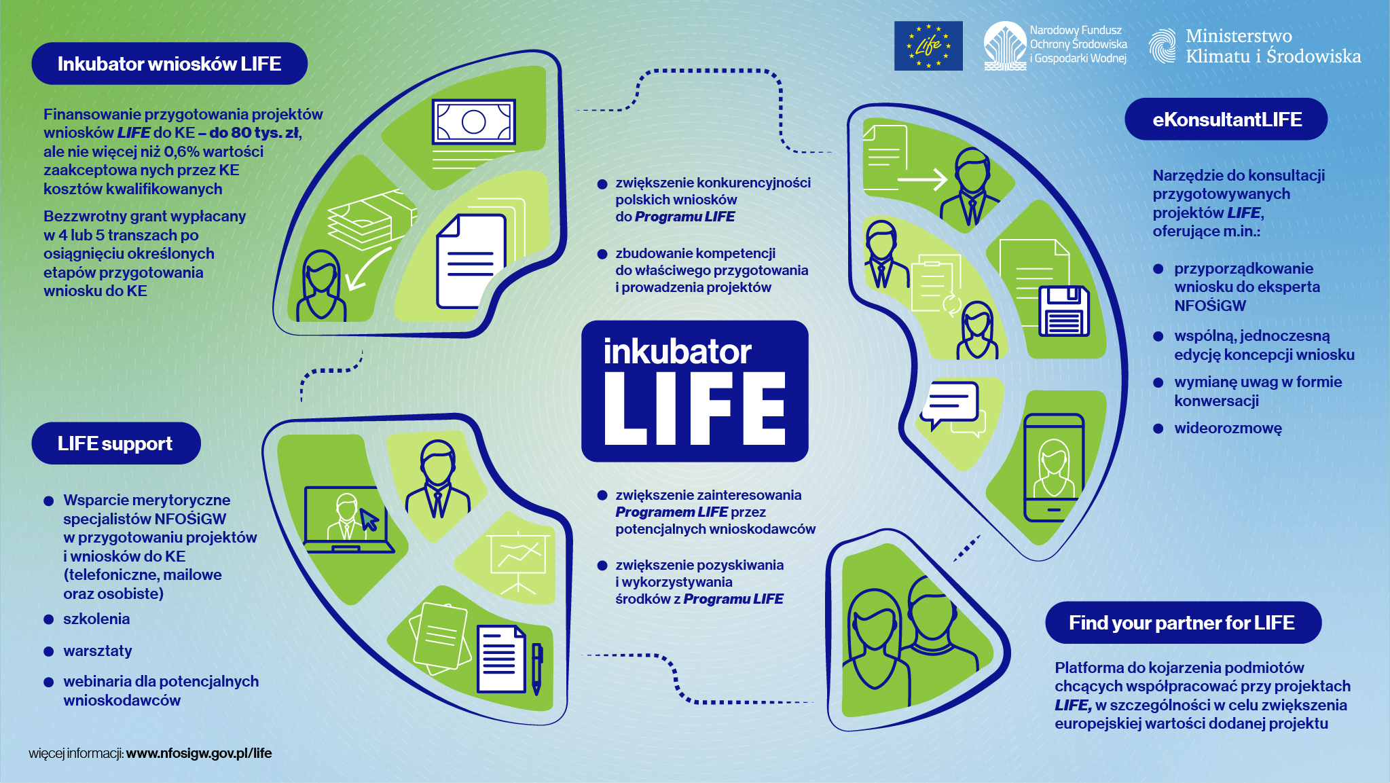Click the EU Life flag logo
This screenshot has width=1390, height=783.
click(x=928, y=45)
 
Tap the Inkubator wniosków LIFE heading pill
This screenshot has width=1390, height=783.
click(x=169, y=64)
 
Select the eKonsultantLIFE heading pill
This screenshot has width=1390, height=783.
click(x=1226, y=120)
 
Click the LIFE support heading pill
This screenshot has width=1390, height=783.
click(x=115, y=443)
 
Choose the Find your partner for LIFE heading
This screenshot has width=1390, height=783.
click(x=1182, y=623)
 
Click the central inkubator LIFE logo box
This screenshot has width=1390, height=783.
click(x=695, y=391)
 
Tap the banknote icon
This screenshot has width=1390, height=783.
click(x=473, y=122)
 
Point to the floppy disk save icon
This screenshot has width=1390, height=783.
click(x=1063, y=311)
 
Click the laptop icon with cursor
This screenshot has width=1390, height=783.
click(x=347, y=520)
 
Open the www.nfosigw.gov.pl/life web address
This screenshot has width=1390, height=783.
click(x=199, y=753)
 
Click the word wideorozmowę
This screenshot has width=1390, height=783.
click(x=1228, y=429)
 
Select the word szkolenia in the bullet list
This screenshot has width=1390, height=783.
click(x=96, y=619)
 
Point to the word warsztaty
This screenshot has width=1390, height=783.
click(x=98, y=651)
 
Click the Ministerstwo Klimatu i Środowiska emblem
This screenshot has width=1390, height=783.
click(x=1163, y=46)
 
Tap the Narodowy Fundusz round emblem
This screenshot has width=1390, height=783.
click(x=1005, y=45)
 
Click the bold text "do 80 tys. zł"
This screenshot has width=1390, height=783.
click(x=254, y=133)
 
